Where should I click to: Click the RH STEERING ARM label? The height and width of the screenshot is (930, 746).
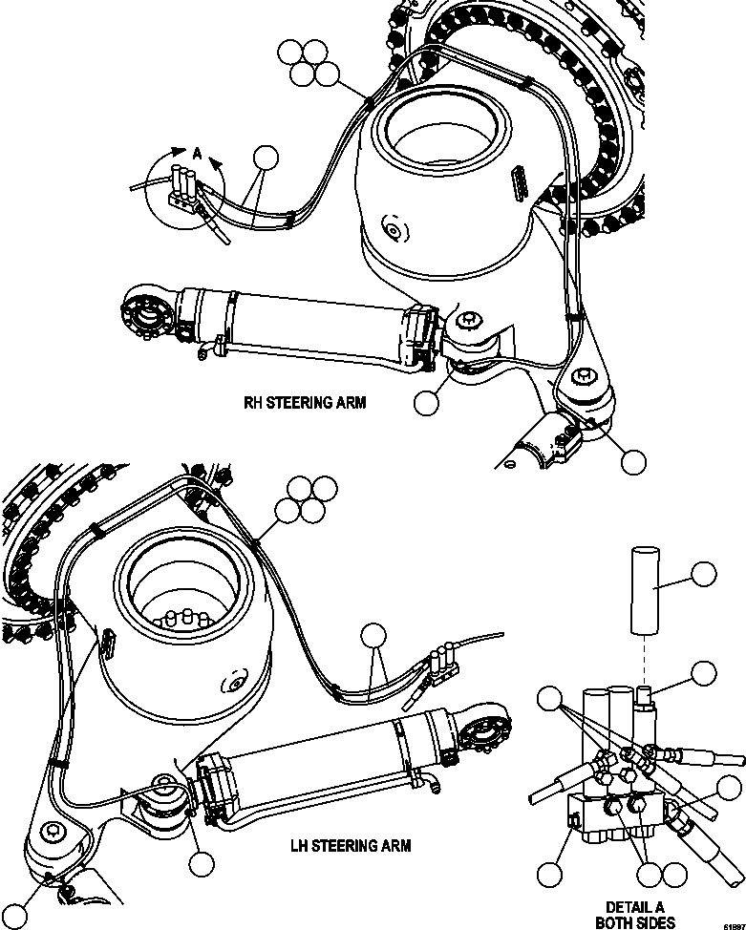(x=305, y=402)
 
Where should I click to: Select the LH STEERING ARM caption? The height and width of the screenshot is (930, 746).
(x=350, y=845)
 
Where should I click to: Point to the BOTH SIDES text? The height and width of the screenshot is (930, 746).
(x=634, y=922)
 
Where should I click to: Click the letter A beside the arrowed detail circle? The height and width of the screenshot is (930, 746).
(x=197, y=153)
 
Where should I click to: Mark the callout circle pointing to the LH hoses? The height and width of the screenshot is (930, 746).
(x=373, y=635)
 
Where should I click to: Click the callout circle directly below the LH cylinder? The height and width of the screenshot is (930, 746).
(x=201, y=863)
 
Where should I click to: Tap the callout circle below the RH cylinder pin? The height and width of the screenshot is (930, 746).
(x=427, y=403)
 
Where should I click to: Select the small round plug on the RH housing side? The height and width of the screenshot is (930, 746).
(x=390, y=229)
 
